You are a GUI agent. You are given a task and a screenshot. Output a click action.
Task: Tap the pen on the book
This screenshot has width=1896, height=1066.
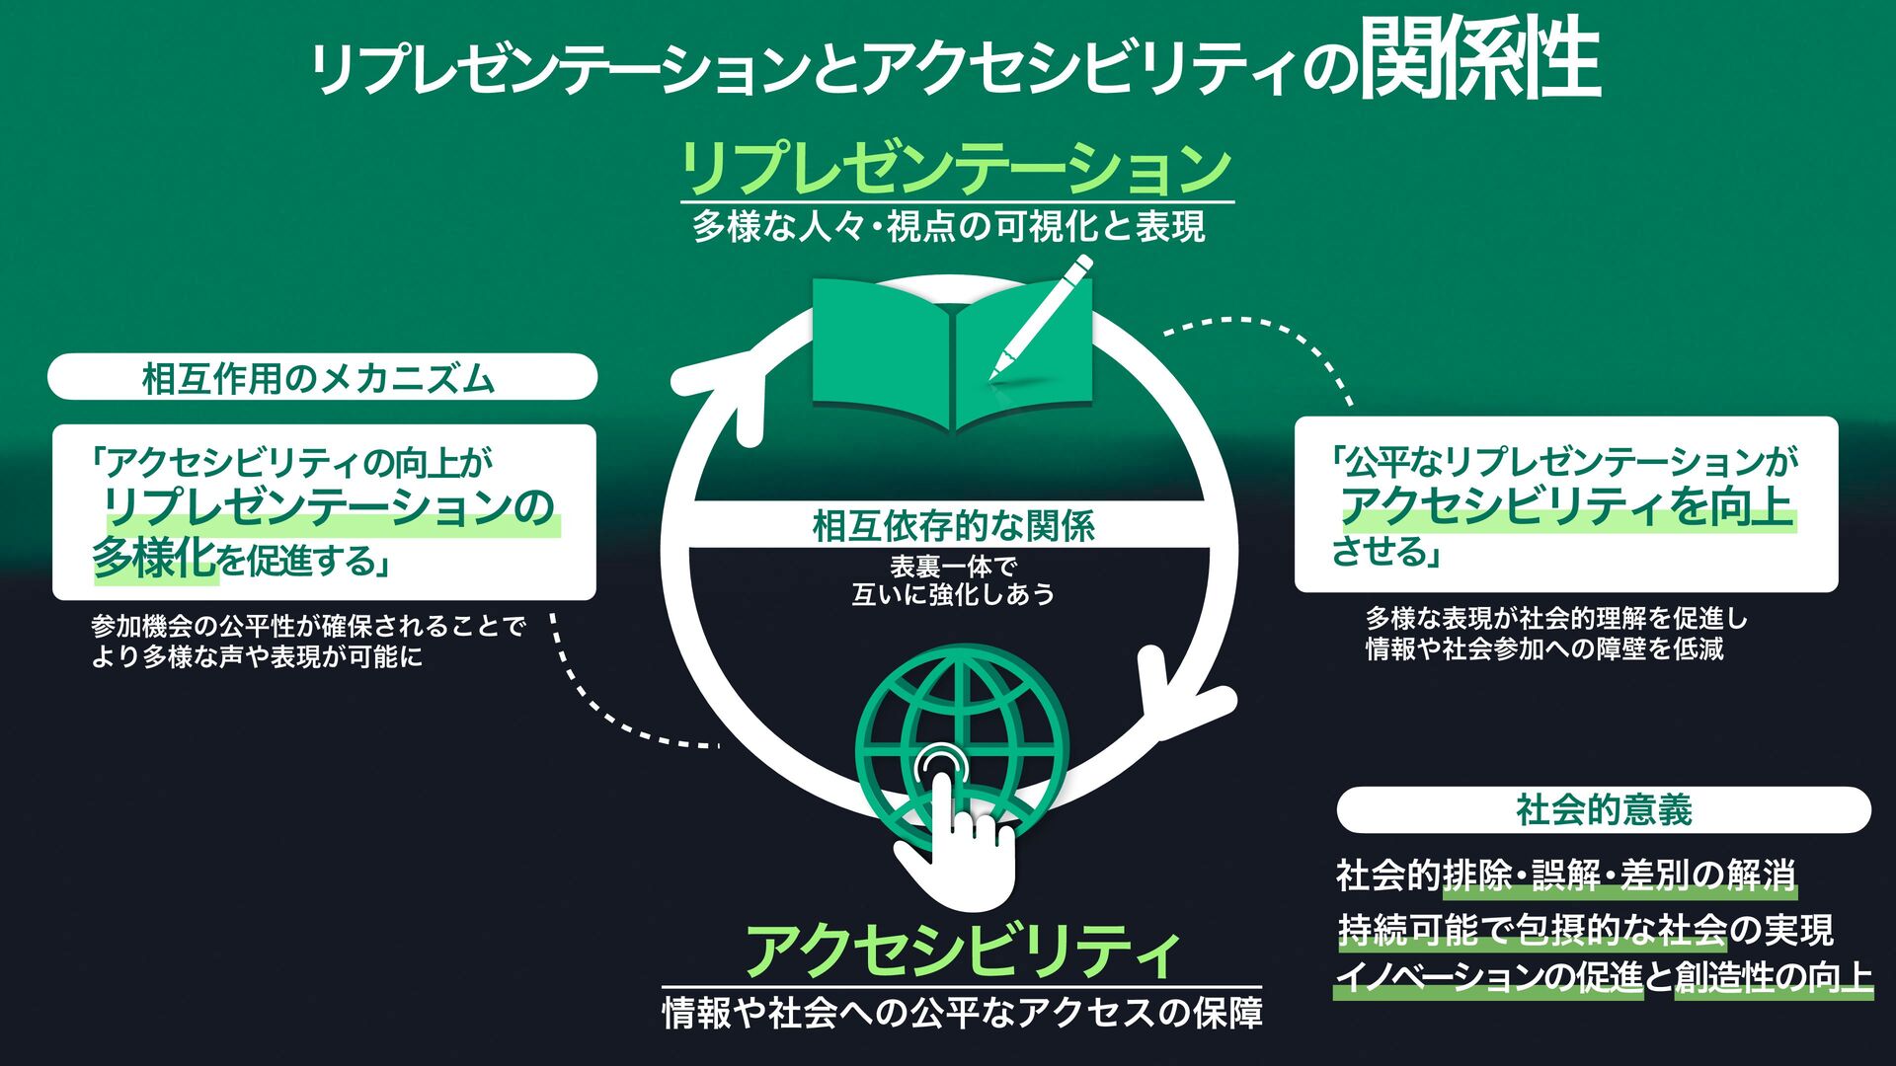point(1042,316)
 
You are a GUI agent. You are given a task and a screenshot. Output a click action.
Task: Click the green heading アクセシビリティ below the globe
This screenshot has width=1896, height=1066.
point(962,951)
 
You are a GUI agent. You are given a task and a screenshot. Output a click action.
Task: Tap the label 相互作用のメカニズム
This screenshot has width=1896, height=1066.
point(318,378)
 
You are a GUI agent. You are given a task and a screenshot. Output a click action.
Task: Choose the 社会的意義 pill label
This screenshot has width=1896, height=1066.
point(1604,810)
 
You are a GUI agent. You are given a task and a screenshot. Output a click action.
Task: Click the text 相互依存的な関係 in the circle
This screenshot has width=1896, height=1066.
point(954,526)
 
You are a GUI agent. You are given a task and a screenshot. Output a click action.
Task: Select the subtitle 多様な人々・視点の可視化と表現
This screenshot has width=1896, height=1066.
point(949,228)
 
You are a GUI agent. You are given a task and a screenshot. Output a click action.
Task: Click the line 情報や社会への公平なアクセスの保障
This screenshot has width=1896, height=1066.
point(962,1013)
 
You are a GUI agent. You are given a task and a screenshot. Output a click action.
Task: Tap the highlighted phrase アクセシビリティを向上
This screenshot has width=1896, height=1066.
point(1565,505)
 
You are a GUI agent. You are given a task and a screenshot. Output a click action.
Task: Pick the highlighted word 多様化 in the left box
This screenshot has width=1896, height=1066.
point(154,559)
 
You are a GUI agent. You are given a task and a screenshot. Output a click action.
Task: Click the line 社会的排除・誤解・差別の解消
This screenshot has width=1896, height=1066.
point(1565,876)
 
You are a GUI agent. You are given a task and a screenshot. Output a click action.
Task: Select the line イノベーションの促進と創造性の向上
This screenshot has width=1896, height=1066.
point(1604,977)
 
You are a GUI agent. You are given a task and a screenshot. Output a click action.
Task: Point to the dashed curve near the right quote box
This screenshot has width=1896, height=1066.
point(1274,341)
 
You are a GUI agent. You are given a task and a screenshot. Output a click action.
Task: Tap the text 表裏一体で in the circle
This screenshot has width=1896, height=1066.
point(953,567)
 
